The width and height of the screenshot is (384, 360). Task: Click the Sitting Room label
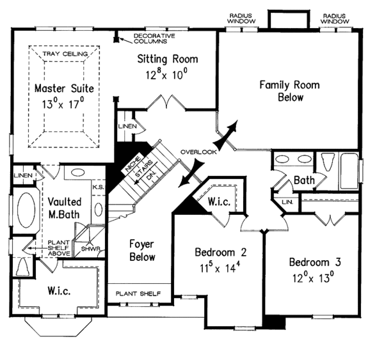(168, 59)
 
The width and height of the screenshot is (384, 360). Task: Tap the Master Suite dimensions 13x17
(63, 104)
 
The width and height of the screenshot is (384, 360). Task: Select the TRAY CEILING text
(65, 54)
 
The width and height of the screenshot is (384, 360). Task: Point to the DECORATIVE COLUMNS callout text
(154, 38)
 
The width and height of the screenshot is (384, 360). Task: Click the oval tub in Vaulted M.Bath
(26, 210)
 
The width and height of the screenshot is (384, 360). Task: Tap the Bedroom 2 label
(221, 253)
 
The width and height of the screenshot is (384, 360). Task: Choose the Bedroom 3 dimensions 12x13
(314, 278)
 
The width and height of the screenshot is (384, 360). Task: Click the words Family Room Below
(290, 91)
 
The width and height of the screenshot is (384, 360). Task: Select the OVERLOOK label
(198, 152)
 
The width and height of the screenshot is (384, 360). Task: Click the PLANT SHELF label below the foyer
(138, 293)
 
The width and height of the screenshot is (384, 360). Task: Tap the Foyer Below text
(142, 251)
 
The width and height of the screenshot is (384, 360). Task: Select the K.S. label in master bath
(99, 187)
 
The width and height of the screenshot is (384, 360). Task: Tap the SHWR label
(91, 249)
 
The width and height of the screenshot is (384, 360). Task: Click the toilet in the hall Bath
(327, 162)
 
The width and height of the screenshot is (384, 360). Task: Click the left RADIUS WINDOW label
(241, 19)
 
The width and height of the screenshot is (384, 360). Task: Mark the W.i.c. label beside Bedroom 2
(219, 201)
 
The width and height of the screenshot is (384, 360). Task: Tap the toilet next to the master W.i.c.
(23, 267)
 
